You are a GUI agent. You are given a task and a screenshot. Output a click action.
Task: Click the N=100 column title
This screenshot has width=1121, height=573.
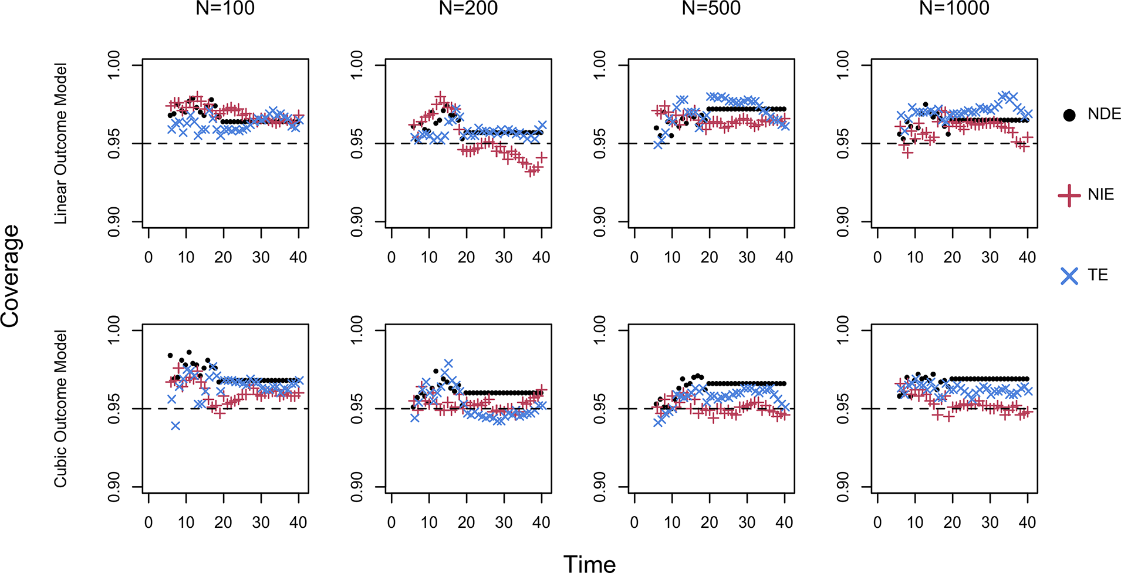tap(225, 8)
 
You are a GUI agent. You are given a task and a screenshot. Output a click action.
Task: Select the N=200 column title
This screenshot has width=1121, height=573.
tap(468, 8)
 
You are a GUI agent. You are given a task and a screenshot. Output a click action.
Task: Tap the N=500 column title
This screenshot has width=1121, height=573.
tap(711, 8)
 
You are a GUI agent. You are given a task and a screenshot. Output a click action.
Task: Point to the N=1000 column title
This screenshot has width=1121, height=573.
tap(954, 8)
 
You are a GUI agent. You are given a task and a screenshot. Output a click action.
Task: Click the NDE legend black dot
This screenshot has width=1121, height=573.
tap(1069, 115)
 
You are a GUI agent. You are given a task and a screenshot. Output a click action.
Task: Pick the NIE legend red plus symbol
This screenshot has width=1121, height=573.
tap(1069, 195)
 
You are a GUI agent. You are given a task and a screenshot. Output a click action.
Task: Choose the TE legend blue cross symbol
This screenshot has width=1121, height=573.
tap(1069, 276)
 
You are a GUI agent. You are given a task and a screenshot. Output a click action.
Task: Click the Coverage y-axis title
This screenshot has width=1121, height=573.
tap(11, 276)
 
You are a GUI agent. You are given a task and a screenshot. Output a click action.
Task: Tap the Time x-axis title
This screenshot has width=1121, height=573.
tap(589, 564)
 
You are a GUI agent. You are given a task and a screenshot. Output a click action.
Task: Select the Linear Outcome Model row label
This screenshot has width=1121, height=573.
tap(60, 143)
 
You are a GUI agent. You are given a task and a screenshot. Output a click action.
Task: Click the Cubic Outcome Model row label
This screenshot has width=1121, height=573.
tap(60, 409)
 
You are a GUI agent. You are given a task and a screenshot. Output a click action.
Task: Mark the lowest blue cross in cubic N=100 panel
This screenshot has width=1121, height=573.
tap(175, 426)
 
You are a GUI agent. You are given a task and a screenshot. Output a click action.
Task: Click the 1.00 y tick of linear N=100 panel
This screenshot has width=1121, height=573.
tap(114, 65)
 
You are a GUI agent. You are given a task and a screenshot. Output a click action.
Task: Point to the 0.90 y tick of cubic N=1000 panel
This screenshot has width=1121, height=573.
tap(843, 487)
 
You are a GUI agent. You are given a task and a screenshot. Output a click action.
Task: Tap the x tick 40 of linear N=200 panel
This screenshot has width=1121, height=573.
tap(541, 257)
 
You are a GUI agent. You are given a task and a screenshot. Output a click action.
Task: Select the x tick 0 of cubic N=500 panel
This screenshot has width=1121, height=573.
tap(634, 523)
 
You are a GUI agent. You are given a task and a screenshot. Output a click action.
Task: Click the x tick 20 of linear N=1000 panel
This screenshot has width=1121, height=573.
tap(952, 257)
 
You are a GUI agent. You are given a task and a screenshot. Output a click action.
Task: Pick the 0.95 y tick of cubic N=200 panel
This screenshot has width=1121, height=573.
tap(357, 409)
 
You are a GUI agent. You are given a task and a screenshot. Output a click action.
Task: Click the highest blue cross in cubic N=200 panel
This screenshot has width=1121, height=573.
tap(448, 364)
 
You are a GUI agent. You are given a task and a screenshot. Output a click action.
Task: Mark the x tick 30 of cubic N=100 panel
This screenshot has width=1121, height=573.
tap(261, 523)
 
